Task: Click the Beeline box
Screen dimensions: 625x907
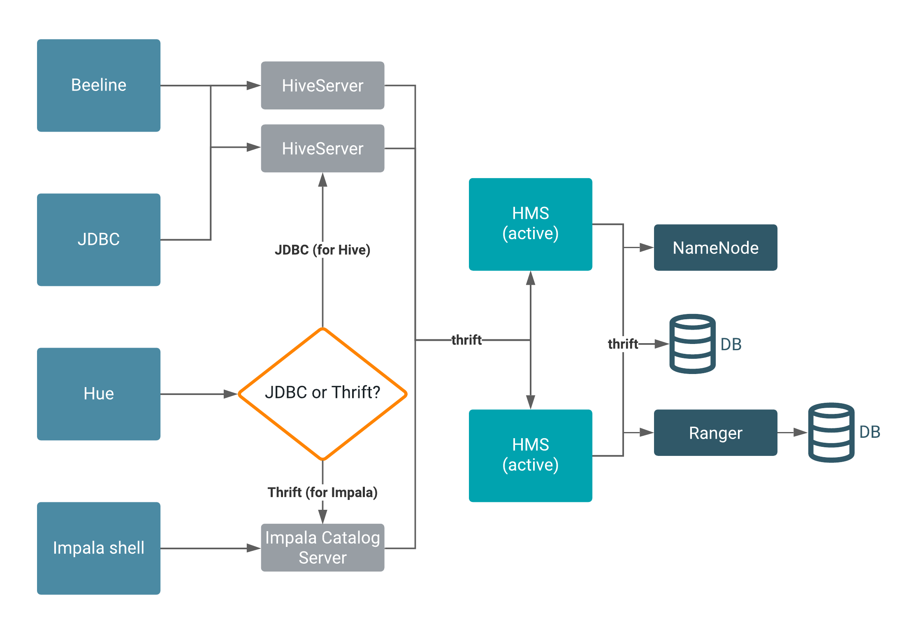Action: [x=99, y=85]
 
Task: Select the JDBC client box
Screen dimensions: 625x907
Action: [x=99, y=239]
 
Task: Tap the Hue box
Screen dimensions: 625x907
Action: [x=99, y=394]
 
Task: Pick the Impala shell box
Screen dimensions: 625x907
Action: [x=99, y=548]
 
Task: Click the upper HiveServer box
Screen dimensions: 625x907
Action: [x=322, y=86]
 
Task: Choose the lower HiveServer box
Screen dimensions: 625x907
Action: [x=322, y=149]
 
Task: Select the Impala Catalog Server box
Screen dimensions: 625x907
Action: [x=322, y=548]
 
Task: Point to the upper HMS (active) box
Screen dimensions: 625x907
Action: [x=530, y=224]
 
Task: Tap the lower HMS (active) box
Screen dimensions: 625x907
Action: [x=530, y=455]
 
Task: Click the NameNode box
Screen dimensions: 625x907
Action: [x=715, y=247]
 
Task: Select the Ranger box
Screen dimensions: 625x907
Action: [x=715, y=432]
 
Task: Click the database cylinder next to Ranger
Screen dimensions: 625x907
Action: [x=831, y=432]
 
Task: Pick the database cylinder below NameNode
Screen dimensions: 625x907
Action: [x=692, y=344]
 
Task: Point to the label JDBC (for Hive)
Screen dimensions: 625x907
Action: [x=322, y=250]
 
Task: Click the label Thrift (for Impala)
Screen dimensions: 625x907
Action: [x=322, y=492]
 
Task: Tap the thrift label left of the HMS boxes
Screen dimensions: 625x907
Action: [x=466, y=340]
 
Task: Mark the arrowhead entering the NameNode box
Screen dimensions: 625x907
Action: [x=647, y=248]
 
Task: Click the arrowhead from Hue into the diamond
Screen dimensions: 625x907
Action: [x=231, y=394]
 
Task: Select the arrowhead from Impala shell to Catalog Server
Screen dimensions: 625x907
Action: [x=254, y=548]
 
